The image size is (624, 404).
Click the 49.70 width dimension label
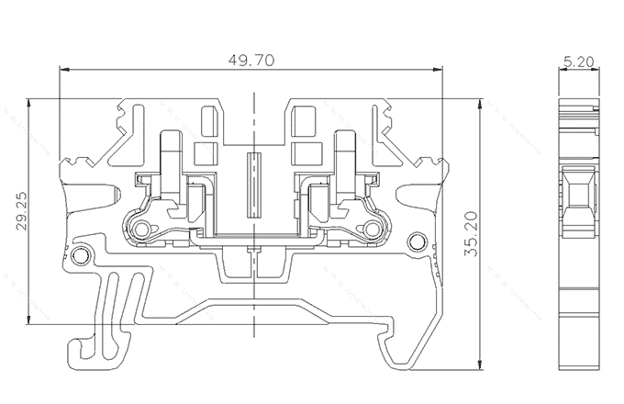click(250, 60)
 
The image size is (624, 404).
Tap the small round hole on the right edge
click(418, 241)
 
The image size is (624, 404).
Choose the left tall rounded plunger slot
click(171, 162)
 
